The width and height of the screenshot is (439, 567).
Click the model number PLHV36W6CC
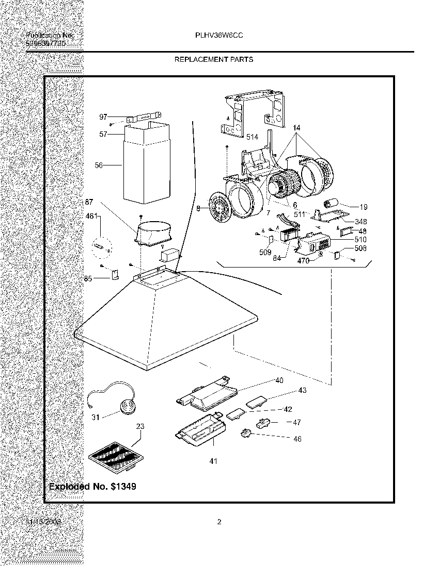219,36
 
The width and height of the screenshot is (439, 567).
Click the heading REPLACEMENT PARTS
214,59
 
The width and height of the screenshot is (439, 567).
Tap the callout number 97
103,118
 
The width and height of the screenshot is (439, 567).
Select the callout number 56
99,165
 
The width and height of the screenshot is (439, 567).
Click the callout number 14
296,127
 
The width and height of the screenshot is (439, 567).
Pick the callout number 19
364,207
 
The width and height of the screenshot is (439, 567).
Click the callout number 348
361,222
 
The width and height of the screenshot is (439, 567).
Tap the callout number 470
303,261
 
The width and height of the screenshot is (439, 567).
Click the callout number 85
89,279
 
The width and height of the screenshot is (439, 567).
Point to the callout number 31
95,418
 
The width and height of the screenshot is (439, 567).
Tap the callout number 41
213,461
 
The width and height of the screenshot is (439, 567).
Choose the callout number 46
297,439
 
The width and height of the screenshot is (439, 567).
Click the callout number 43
302,390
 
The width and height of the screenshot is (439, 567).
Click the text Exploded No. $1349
92,486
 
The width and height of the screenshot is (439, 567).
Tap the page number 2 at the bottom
219,522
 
